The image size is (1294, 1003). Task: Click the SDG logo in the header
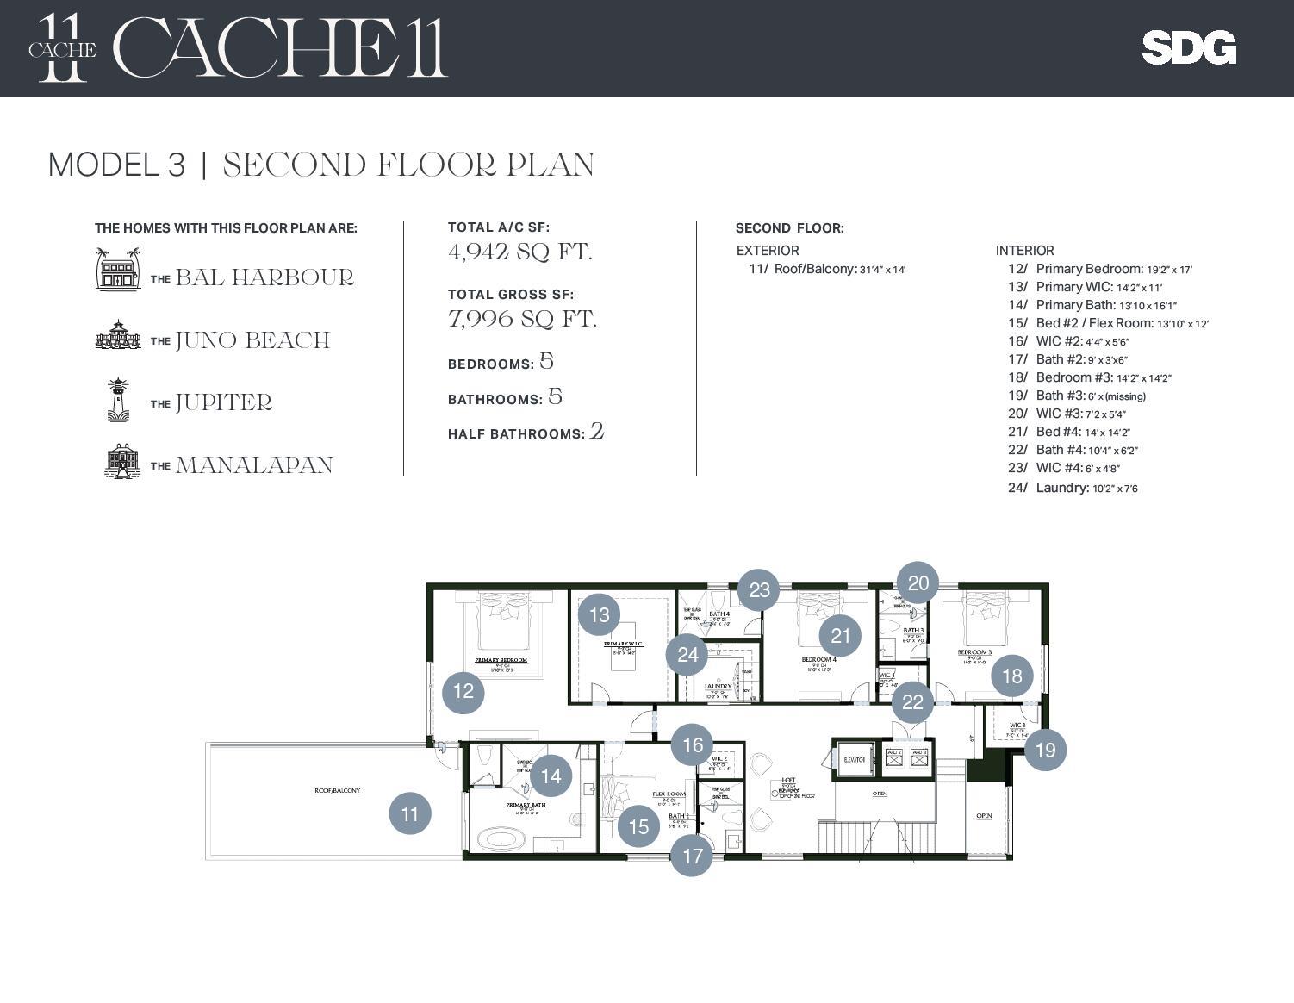(1188, 48)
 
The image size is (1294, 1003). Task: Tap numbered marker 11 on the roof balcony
(410, 813)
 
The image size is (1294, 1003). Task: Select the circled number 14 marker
(551, 776)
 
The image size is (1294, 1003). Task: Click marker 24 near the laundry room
(687, 655)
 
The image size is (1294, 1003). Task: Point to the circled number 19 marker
(1045, 750)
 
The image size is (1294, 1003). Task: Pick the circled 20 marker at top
(918, 583)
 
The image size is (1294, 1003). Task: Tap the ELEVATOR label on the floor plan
(854, 760)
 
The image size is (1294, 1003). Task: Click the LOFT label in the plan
(787, 781)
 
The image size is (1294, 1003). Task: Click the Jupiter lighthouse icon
(118, 399)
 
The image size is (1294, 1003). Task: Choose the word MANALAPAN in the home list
(254, 465)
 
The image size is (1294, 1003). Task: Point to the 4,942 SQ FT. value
(520, 252)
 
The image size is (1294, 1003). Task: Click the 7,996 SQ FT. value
(522, 319)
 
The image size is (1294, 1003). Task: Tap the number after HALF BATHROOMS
(596, 431)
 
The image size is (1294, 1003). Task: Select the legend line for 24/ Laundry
(1073, 488)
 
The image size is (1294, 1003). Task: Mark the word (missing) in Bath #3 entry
(1125, 396)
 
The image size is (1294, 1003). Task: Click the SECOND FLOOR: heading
(789, 228)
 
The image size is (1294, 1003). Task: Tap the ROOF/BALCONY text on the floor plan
(337, 790)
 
